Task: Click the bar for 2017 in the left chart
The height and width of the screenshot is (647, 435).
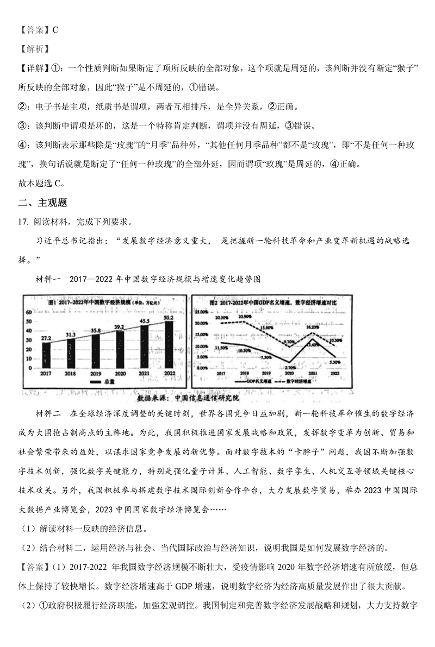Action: click(x=47, y=355)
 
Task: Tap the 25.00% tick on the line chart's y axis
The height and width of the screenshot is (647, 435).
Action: click(x=201, y=312)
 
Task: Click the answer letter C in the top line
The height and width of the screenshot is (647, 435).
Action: click(x=55, y=30)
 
